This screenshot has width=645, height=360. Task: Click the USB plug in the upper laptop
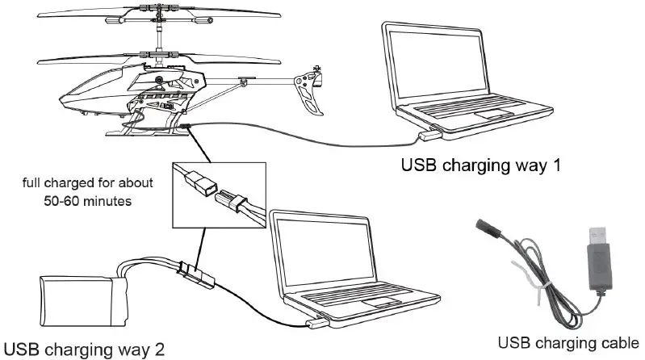[x=433, y=130]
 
